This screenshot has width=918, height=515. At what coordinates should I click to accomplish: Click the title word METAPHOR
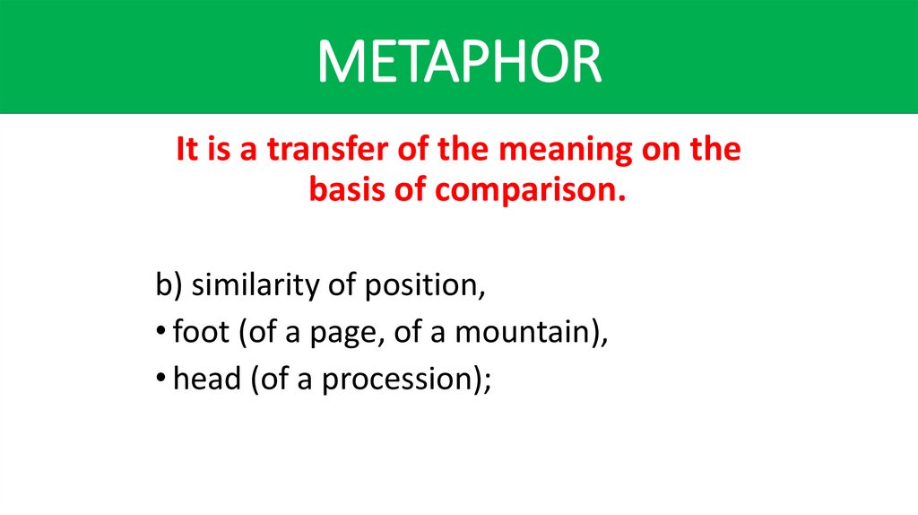[459, 61]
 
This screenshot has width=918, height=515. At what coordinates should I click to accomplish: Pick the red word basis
[344, 190]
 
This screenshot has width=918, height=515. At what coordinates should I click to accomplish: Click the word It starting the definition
[186, 149]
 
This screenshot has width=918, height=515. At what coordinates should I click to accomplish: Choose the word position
[421, 287]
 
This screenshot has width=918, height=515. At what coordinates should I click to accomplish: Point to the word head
[206, 379]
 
